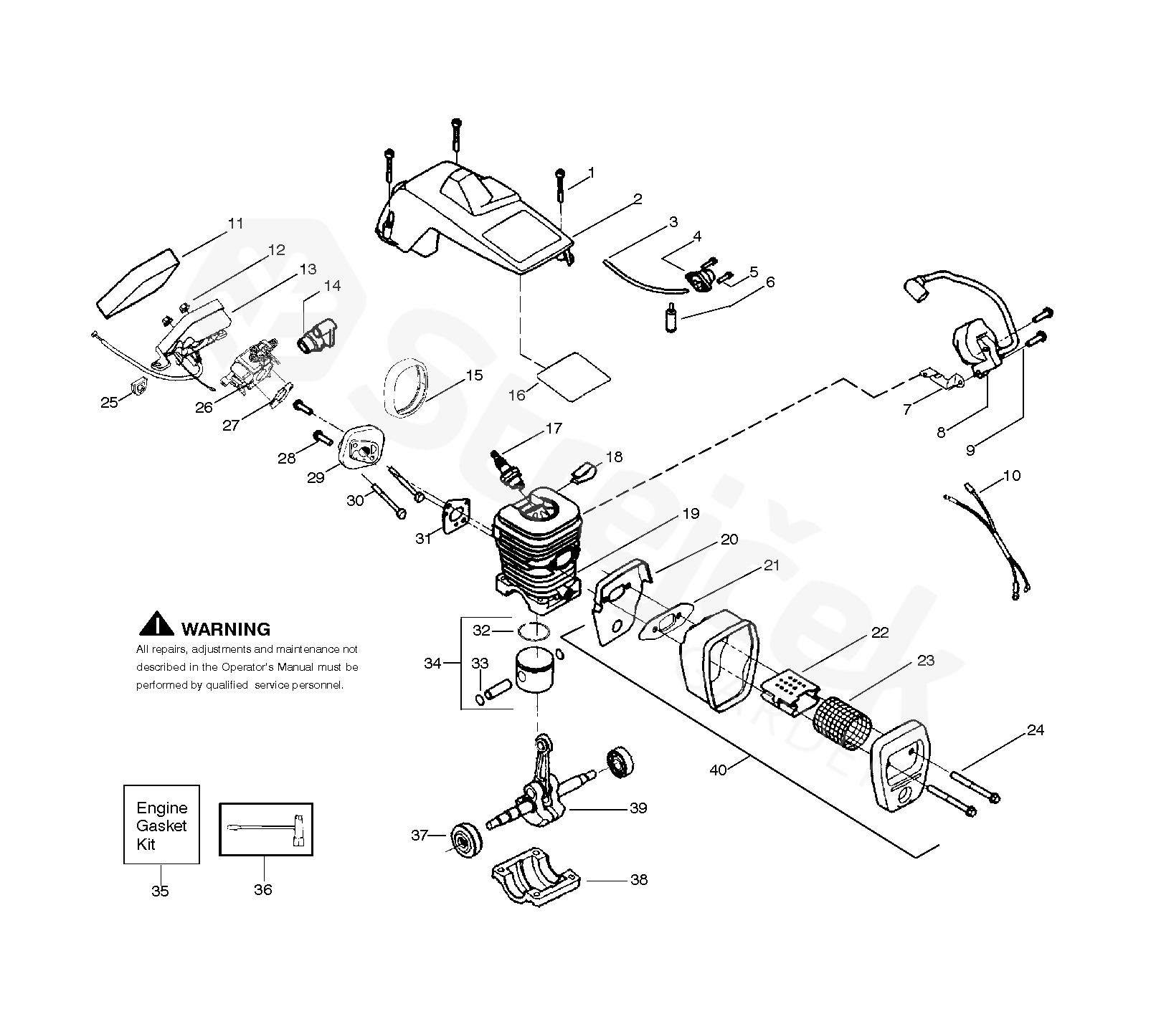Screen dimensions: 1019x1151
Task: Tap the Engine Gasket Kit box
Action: pos(161,825)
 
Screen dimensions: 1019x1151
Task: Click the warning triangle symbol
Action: pos(156,625)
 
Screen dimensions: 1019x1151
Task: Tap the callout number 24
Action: pos(1035,730)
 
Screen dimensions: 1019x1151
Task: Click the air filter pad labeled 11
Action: pos(136,283)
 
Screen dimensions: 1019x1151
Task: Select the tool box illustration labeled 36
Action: pos(265,829)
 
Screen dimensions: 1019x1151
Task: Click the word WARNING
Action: pos(226,629)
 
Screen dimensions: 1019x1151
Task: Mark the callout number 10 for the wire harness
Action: pos(1011,475)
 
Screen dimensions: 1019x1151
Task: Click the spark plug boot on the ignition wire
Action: pos(914,293)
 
